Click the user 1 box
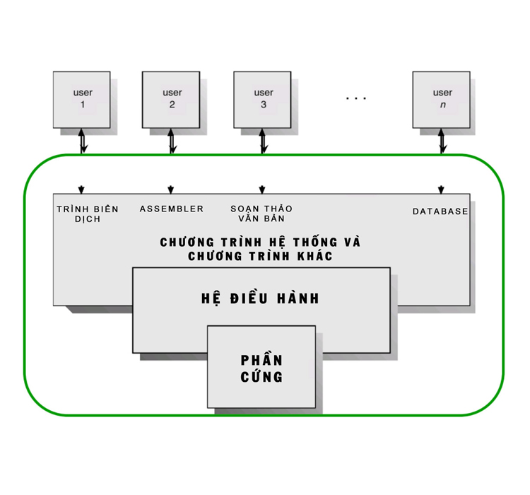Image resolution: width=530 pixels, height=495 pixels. click(x=82, y=99)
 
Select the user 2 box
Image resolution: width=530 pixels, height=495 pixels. click(x=171, y=99)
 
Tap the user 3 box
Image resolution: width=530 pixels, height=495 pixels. click(x=262, y=99)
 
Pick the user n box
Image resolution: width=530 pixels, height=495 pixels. click(x=442, y=99)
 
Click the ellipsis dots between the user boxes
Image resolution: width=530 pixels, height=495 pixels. click(x=356, y=98)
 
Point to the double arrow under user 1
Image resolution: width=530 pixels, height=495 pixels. click(x=83, y=141)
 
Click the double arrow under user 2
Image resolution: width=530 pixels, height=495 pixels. click(x=171, y=141)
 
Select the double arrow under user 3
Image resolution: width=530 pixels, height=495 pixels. click(x=263, y=141)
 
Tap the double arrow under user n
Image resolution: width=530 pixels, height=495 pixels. click(x=442, y=141)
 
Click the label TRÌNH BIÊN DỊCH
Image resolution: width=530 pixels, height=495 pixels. click(x=88, y=214)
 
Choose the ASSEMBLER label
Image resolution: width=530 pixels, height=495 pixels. click(x=172, y=209)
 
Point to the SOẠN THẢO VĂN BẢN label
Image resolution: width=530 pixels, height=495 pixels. click(x=261, y=214)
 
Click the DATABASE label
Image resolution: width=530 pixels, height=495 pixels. click(x=440, y=211)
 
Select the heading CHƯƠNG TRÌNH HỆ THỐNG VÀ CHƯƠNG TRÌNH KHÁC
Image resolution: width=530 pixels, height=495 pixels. click(x=260, y=249)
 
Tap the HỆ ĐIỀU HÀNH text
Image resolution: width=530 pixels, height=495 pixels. click(x=261, y=298)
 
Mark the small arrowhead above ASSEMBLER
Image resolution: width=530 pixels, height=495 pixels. click(x=170, y=190)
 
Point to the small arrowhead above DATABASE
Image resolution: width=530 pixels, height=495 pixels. click(x=441, y=190)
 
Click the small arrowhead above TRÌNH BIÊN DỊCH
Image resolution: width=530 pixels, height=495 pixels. click(x=81, y=190)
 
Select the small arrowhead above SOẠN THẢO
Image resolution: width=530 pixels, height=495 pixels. click(x=261, y=190)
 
